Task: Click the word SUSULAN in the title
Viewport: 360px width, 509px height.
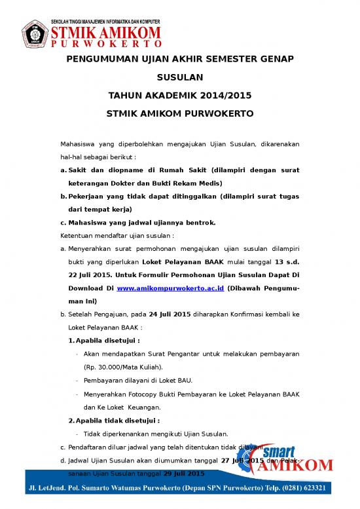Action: [179, 77]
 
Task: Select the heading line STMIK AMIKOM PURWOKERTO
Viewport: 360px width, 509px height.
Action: [179, 113]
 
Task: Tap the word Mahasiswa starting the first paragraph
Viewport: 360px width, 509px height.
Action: [78, 143]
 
